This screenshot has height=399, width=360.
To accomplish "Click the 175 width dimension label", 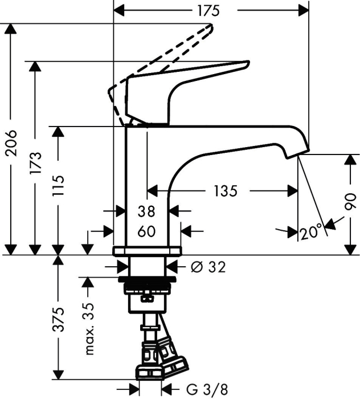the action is (208, 11).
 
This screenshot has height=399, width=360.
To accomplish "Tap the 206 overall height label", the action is (11, 143).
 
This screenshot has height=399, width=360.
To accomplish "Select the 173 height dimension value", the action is (35, 163).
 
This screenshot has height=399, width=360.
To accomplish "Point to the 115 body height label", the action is (58, 186).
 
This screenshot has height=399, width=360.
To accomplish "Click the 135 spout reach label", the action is (226, 191).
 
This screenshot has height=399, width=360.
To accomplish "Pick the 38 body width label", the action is (146, 211).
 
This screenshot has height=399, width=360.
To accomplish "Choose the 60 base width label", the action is (147, 231).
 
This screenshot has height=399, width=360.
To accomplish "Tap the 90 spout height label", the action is (350, 201).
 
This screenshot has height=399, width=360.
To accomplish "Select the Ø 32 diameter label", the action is (208, 267).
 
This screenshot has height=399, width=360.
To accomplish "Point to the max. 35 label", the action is (90, 329).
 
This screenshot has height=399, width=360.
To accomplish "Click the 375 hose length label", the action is (58, 320).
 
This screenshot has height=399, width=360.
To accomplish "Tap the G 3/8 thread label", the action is (207, 389).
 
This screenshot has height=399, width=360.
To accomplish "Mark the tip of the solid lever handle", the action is (248, 62).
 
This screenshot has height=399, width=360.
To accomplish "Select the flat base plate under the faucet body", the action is (147, 251).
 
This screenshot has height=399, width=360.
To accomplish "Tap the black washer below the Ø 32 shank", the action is (147, 279).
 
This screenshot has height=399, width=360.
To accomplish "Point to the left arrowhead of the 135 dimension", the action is (153, 191).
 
